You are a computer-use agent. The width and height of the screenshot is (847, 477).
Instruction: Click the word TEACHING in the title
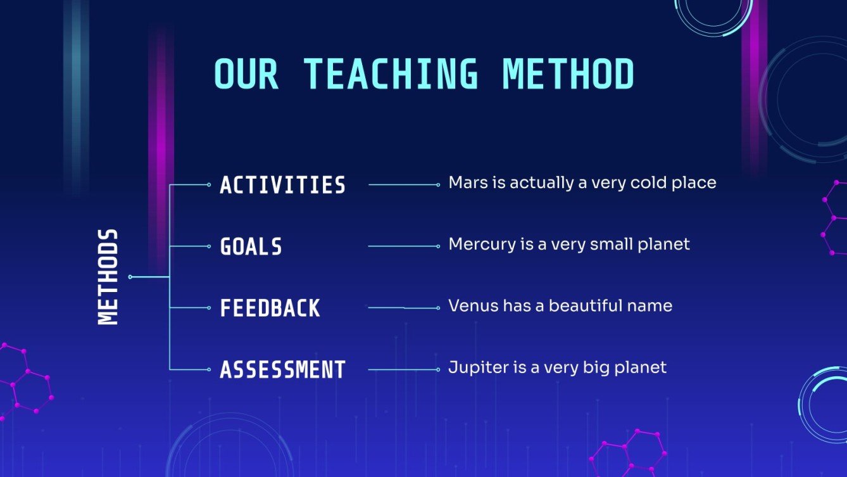coord(391,74)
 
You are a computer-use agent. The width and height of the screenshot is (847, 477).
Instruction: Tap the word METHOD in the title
coord(568,74)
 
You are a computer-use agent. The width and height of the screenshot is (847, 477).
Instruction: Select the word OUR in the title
coord(246,74)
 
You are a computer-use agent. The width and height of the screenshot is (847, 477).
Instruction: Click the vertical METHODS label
coord(108,277)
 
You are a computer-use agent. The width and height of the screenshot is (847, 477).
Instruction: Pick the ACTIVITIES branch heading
coord(283,185)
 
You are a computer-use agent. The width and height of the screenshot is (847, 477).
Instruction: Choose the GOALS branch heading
coord(251,246)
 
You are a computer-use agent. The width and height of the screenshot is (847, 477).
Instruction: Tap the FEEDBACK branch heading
coord(270,308)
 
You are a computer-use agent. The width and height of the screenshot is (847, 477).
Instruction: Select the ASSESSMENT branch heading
coord(283,369)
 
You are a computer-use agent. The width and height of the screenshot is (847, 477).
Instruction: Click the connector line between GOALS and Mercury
coord(403,246)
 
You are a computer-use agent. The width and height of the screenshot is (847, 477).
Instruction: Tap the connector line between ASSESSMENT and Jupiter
coord(403,369)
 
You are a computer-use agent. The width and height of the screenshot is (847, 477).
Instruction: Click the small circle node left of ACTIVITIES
coord(209,185)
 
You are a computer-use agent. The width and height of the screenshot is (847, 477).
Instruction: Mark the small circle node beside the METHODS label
coord(130,277)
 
